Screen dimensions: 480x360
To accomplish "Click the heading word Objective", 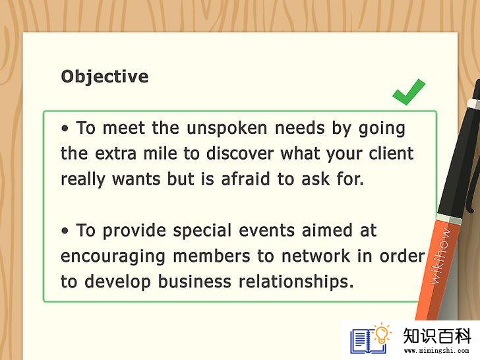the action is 105,76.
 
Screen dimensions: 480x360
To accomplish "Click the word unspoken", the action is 227,129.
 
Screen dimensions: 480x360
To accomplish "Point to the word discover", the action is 240,153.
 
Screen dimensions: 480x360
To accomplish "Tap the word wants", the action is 136,179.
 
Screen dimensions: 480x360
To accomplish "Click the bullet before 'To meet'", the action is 65,129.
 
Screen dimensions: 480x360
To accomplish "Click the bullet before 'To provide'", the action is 65,231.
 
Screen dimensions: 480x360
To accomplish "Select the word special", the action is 202,231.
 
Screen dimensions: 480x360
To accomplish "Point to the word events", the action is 266,231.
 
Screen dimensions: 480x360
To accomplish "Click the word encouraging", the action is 113,257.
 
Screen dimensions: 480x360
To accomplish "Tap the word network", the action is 316,256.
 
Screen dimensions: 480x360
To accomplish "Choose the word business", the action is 195,282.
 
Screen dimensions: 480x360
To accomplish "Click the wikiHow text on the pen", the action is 440,256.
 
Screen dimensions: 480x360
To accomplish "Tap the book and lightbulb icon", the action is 371,338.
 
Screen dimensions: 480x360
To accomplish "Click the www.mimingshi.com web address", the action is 436,351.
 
